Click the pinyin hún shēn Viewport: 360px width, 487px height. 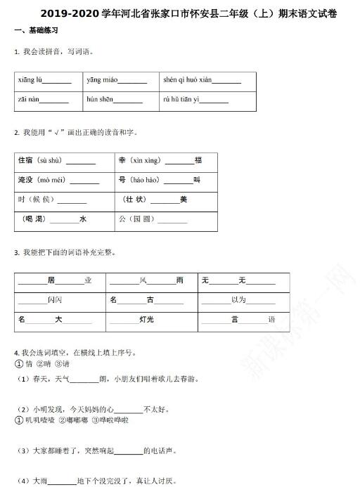tap(100, 100)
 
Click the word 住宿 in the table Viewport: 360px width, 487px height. tap(26, 160)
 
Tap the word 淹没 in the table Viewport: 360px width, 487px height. tap(26, 180)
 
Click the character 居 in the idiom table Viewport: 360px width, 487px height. tap(51, 280)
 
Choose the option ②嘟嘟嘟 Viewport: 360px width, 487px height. tap(72, 420)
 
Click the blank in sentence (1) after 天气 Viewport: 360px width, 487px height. tap(84, 379)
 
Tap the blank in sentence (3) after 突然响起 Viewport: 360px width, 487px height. tap(127, 450)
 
